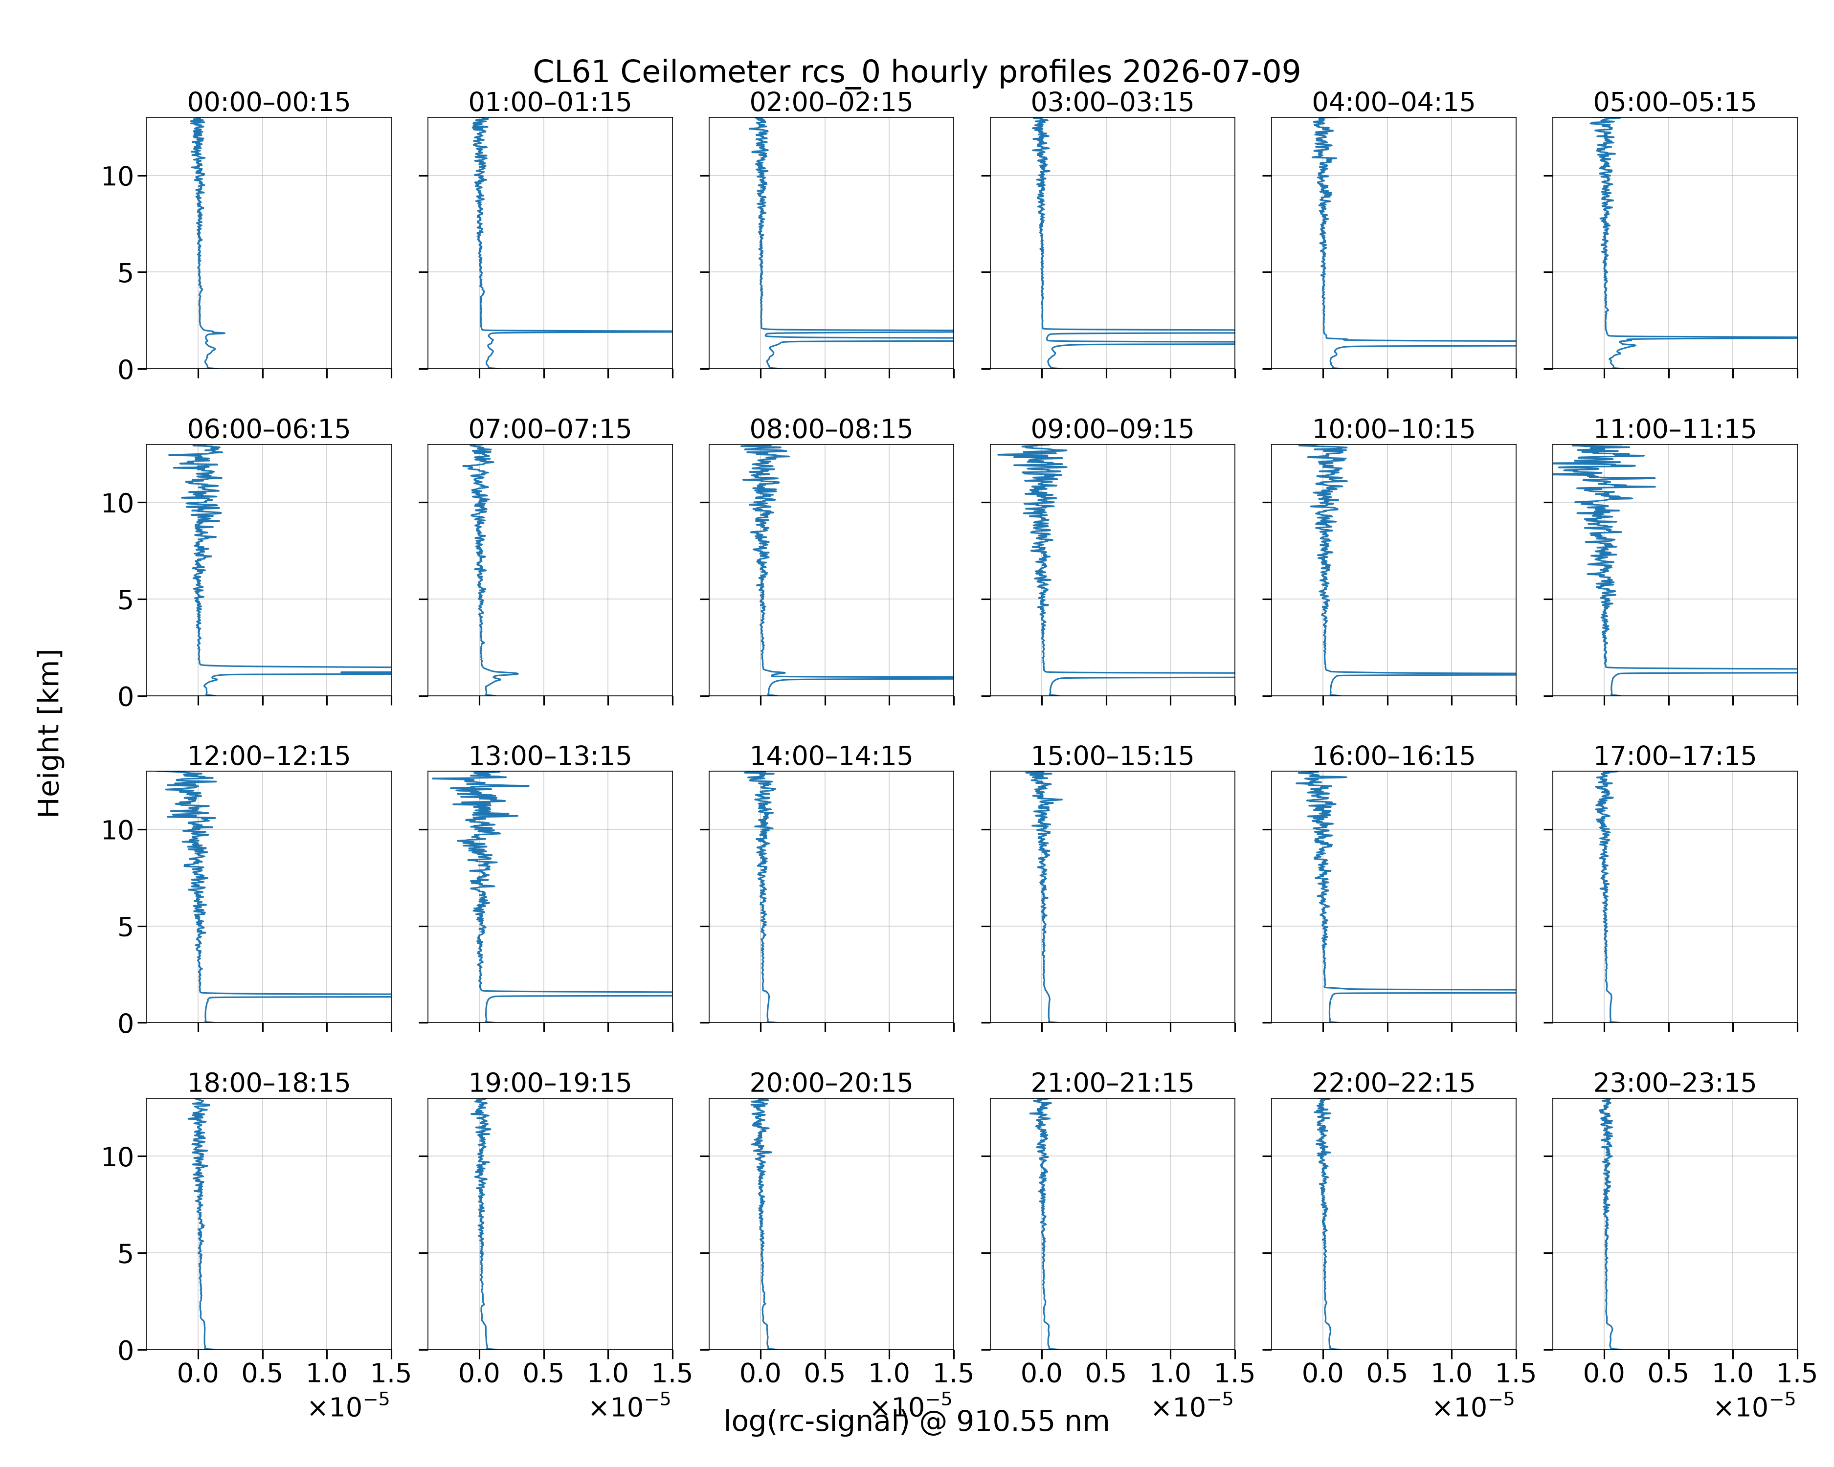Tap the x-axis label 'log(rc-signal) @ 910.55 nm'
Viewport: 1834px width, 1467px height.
[x=916, y=1421]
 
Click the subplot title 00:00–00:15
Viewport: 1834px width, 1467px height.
[x=269, y=102]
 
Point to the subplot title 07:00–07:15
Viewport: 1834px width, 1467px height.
[x=550, y=429]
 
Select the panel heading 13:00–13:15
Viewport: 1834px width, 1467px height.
[x=550, y=756]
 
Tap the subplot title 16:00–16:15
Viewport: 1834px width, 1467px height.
[x=1393, y=756]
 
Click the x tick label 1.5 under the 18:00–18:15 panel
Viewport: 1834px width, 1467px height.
[x=391, y=1374]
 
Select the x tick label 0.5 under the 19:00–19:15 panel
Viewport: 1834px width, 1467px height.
[x=543, y=1374]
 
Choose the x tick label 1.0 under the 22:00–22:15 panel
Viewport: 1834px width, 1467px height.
[x=1451, y=1374]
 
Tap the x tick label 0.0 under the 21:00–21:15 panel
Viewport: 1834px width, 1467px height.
[x=1041, y=1374]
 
